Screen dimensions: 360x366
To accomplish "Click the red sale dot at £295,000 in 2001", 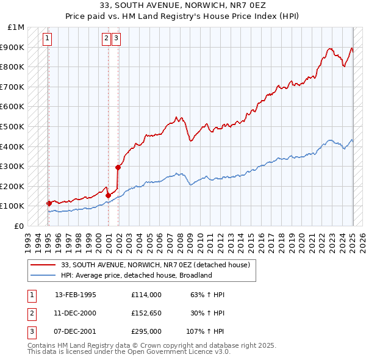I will pos(118,167).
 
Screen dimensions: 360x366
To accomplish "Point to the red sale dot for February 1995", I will pos(48,203).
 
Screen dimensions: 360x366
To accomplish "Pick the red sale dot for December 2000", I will pos(108,195).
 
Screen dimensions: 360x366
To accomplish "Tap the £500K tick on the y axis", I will pos(13,126).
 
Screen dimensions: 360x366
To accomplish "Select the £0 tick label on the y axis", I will pos(19,226).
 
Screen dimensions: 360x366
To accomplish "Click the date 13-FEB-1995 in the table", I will pos(76,295).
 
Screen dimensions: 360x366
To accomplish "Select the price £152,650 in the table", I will pos(146,313).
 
